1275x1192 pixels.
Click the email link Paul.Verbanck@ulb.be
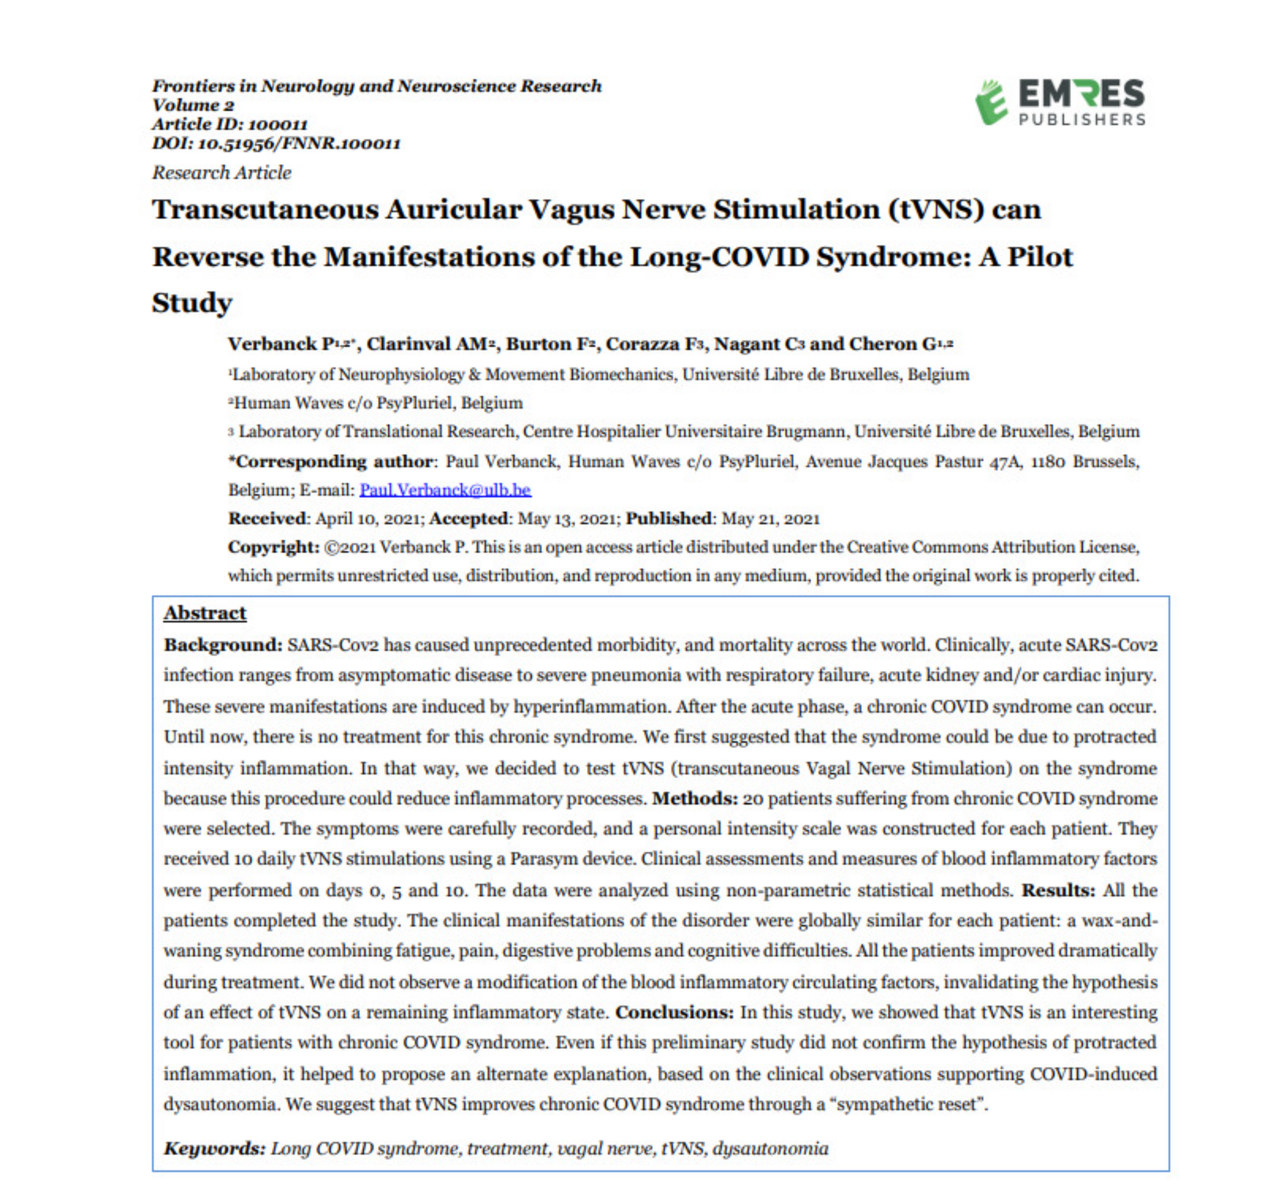pyautogui.click(x=445, y=490)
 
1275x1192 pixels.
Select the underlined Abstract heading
pyautogui.click(x=205, y=613)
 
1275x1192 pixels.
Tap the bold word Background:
pyautogui.click(x=222, y=644)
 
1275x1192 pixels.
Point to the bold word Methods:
pyautogui.click(x=695, y=798)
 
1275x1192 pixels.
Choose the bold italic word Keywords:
pyautogui.click(x=214, y=1148)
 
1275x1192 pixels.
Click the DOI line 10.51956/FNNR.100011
pyautogui.click(x=276, y=143)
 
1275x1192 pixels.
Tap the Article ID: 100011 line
pyautogui.click(x=229, y=124)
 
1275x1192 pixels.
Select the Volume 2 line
pyautogui.click(x=193, y=105)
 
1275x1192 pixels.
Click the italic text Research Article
pyautogui.click(x=221, y=173)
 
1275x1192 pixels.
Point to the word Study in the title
pyautogui.click(x=192, y=303)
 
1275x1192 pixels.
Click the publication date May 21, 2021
pyautogui.click(x=770, y=519)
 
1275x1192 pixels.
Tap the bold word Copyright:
pyautogui.click(x=273, y=547)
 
